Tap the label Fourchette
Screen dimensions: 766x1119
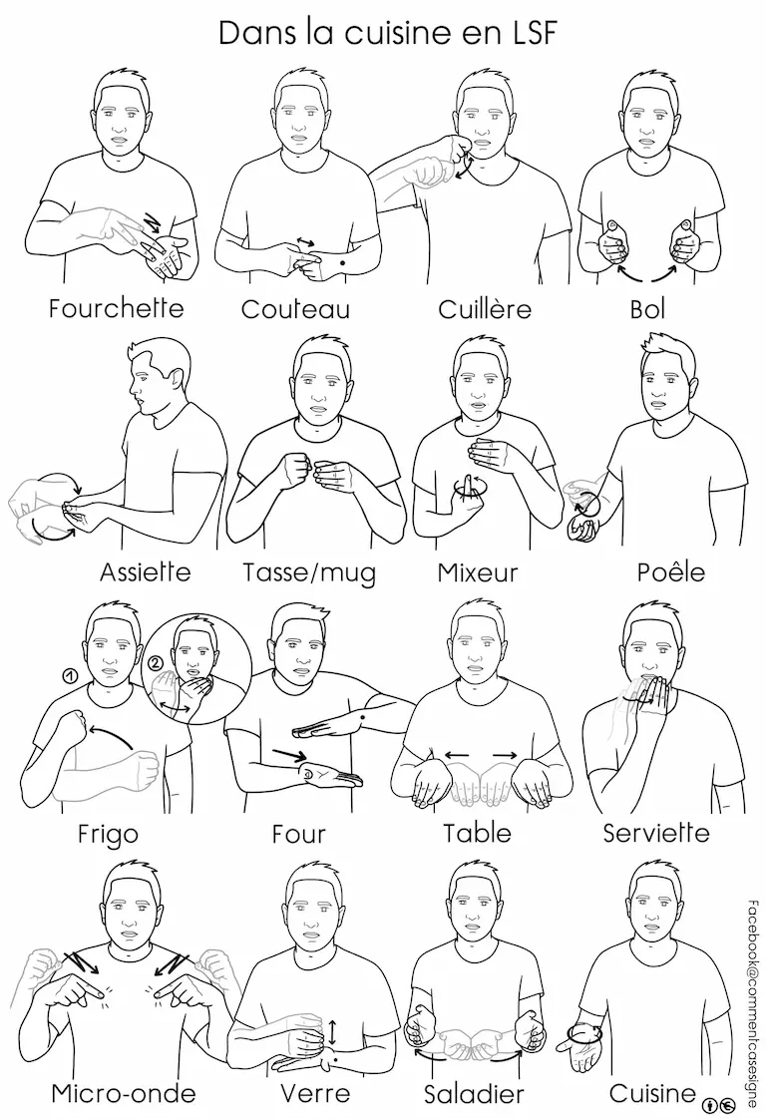point(117,308)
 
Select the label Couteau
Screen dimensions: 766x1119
point(295,309)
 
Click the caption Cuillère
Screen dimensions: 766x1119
point(485,309)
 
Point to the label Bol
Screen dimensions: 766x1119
point(647,309)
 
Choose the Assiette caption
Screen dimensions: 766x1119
point(146,571)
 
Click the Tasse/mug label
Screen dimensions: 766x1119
point(309,573)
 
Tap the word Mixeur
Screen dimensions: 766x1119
point(477,572)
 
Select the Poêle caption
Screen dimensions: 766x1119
point(671,571)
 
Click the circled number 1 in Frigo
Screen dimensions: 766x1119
point(69,674)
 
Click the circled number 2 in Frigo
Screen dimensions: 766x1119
point(156,661)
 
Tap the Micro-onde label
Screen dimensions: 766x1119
point(124,1093)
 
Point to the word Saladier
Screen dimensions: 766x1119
point(474,1094)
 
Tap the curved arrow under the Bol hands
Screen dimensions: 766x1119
point(648,275)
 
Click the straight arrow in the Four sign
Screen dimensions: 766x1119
point(289,754)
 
